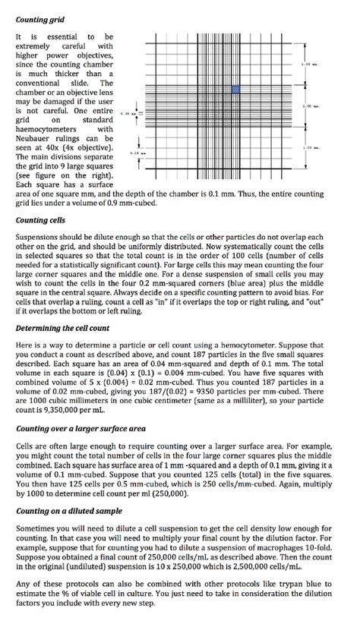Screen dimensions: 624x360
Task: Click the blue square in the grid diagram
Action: pos(235,90)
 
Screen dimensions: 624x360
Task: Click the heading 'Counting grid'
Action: pos(41,17)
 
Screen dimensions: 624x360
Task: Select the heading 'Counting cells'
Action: pos(40,220)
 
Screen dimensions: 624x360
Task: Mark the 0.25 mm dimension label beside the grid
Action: pos(138,153)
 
